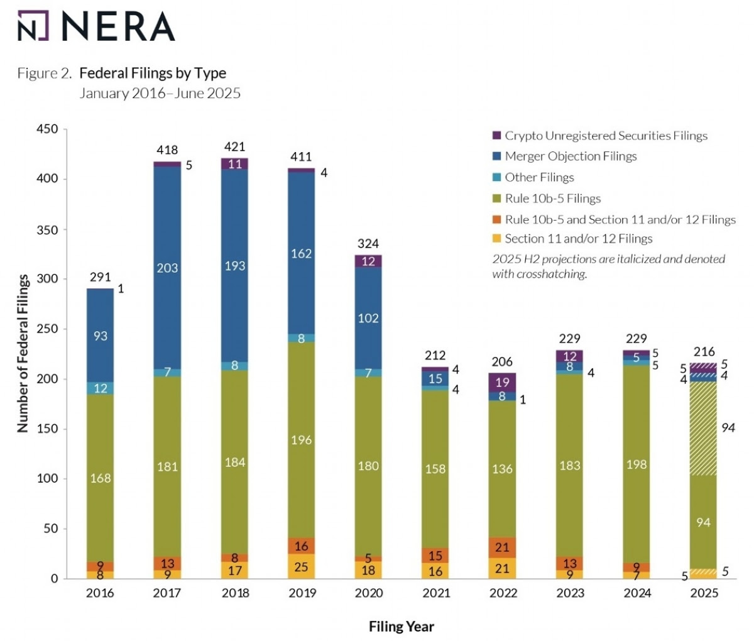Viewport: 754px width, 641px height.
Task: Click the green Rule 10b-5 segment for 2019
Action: [302, 440]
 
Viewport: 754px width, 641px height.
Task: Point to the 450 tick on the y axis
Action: [48, 129]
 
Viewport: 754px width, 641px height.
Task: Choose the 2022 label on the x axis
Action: [503, 593]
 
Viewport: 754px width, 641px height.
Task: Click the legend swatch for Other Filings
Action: [496, 178]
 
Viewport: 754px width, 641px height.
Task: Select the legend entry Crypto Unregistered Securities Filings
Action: [606, 136]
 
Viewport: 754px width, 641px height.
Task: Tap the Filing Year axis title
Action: [402, 627]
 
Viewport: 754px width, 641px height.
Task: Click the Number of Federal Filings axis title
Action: [23, 353]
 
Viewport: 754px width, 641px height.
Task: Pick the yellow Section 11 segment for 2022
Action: [503, 568]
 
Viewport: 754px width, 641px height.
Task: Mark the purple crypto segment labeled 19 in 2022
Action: [503, 382]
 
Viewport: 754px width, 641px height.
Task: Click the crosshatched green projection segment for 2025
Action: [704, 428]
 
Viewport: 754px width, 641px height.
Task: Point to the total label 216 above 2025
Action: [704, 352]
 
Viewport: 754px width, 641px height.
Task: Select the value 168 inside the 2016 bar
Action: [101, 478]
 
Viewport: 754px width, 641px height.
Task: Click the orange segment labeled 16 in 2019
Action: [302, 545]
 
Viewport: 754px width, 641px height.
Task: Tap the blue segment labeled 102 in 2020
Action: [369, 318]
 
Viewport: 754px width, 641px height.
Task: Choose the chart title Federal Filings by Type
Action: [153, 73]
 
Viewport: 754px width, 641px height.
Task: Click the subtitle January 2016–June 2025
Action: [160, 94]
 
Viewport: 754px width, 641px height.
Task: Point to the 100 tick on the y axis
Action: [48, 479]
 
